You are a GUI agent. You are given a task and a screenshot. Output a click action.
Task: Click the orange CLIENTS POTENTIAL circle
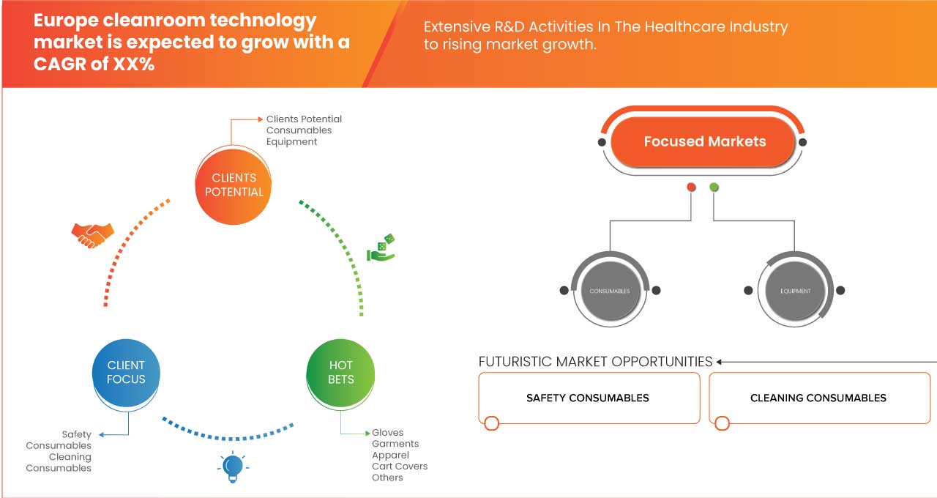(234, 185)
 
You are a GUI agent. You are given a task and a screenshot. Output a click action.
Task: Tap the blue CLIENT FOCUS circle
(126, 372)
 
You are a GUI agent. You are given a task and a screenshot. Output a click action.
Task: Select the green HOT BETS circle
(341, 372)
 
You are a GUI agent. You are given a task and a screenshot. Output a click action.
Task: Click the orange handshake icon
(92, 234)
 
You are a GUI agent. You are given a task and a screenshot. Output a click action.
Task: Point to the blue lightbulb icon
(233, 467)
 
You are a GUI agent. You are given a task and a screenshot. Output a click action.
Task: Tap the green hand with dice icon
(381, 248)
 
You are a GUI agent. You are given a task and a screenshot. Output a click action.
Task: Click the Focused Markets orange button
(704, 141)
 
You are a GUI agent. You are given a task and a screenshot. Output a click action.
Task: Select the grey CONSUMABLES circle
(610, 291)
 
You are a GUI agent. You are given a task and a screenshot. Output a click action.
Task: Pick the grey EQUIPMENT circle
(795, 291)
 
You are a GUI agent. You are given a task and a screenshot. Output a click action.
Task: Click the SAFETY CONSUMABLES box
(588, 398)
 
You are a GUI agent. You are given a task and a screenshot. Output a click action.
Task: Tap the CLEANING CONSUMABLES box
(818, 398)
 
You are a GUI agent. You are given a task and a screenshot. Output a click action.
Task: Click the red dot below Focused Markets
(691, 187)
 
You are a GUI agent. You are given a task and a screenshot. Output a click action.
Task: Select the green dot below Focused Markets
(714, 187)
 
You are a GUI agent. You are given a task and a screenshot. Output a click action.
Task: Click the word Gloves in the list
(387, 433)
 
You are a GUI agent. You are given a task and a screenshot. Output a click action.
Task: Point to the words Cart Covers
(400, 466)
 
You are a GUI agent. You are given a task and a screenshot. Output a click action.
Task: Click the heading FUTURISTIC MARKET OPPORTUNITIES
(595, 362)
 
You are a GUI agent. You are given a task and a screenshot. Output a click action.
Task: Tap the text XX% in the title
(134, 64)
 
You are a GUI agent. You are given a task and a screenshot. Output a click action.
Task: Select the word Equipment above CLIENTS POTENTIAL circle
(291, 141)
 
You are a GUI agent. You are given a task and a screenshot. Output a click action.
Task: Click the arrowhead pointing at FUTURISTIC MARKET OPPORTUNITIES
(720, 362)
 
